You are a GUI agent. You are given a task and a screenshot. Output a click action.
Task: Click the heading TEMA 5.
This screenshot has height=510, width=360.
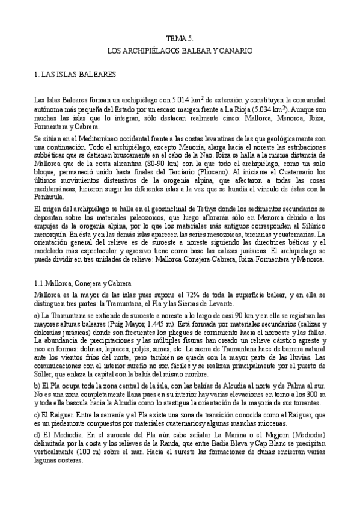180,38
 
